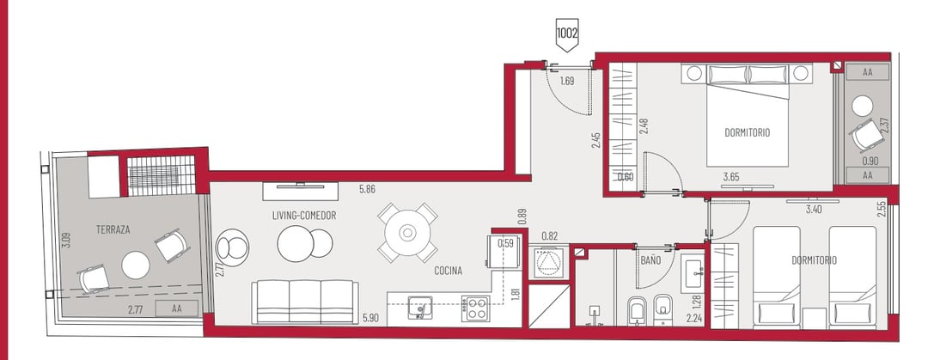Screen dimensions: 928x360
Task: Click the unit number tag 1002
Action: coord(566,34)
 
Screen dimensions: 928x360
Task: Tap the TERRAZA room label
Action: coord(113,229)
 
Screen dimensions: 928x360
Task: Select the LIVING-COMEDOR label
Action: coord(304,216)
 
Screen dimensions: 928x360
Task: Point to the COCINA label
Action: coord(448,271)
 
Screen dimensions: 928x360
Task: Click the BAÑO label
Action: coord(650,260)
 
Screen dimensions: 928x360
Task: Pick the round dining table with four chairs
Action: coord(408,233)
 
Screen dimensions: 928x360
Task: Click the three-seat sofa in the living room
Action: coord(305,302)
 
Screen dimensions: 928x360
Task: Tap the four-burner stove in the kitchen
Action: coord(476,308)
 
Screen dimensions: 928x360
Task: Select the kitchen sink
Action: coord(420,307)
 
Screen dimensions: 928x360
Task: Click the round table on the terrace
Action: coord(136,265)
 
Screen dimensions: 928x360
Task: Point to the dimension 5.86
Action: coord(368,190)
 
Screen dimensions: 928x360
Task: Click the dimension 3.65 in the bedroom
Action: coord(733,176)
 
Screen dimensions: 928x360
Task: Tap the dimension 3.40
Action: coord(816,209)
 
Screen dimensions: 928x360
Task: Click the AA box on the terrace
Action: coord(176,308)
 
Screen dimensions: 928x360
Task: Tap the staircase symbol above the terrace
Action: coord(162,175)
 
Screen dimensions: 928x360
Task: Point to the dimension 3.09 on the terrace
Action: coord(66,241)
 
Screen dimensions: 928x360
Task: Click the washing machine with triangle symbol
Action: coord(547,262)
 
